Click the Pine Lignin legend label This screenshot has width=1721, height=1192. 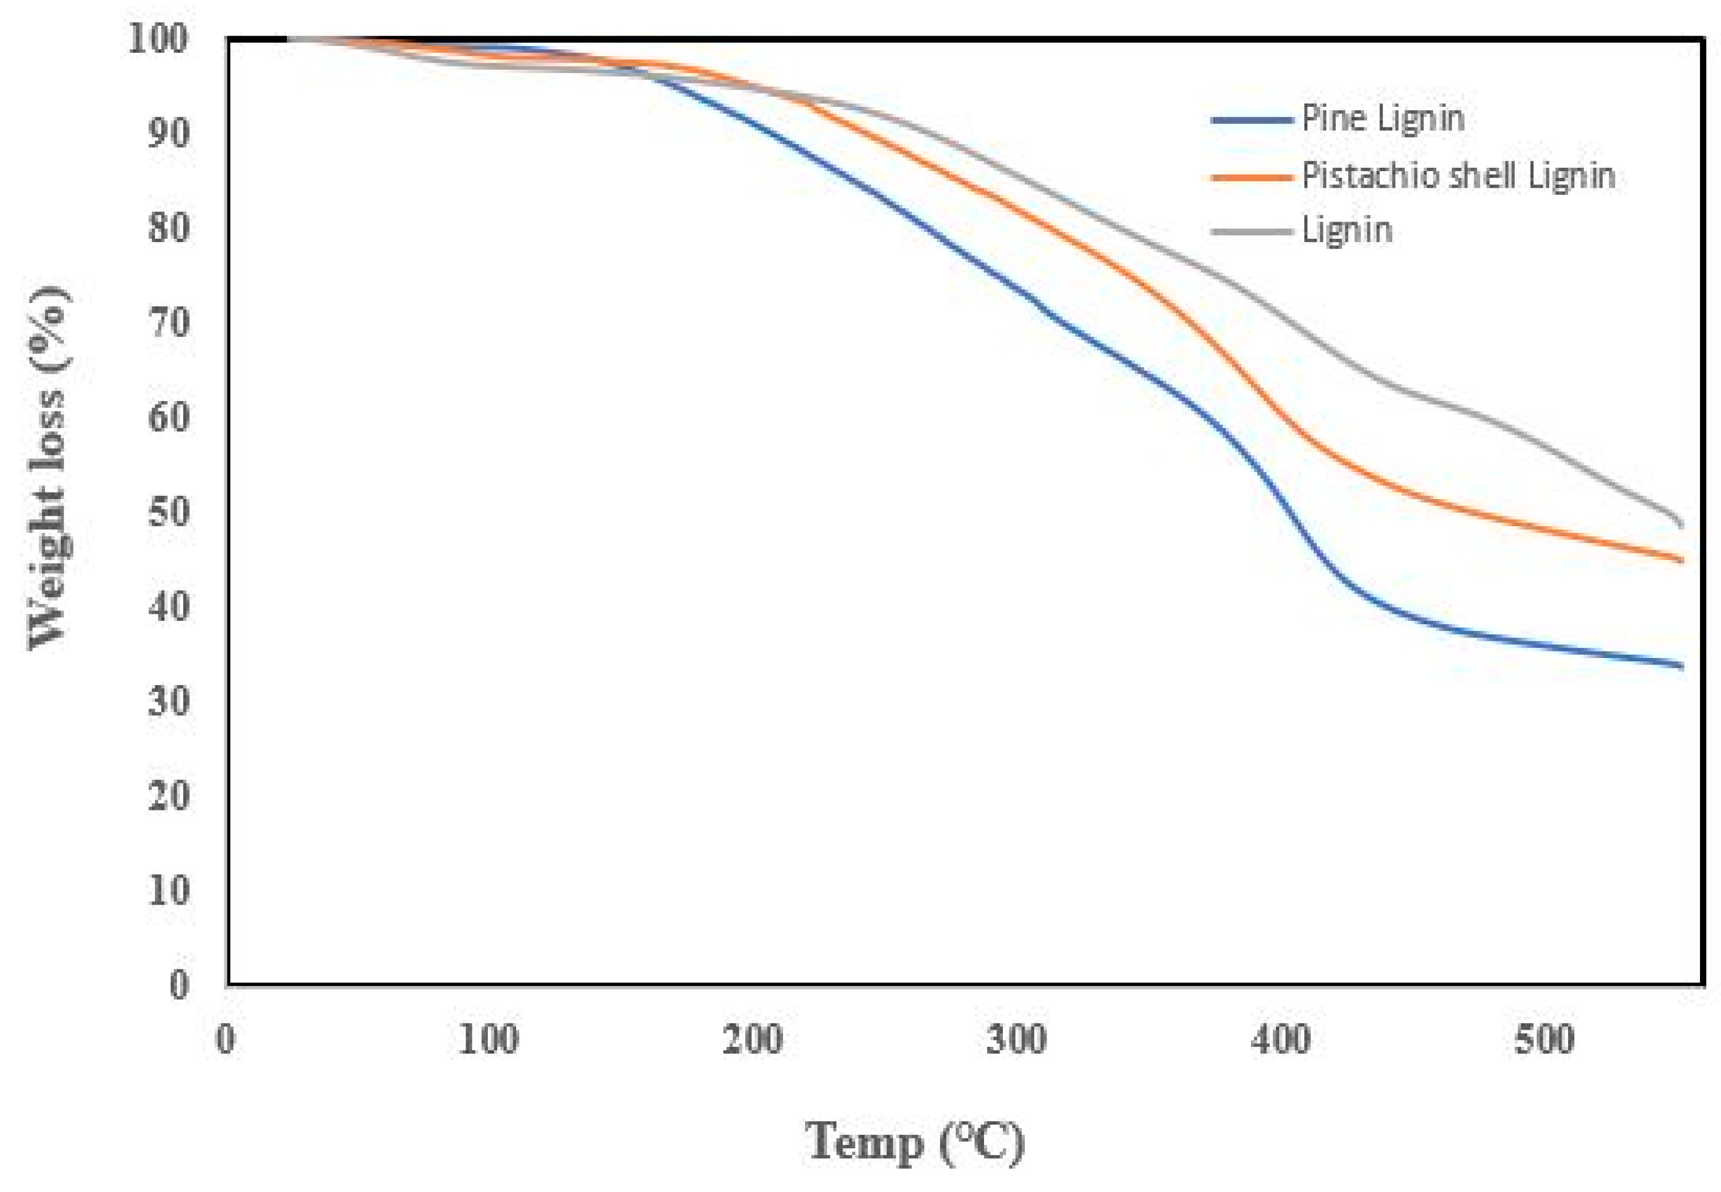(x=1382, y=119)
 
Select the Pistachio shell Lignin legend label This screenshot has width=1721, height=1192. (x=1458, y=176)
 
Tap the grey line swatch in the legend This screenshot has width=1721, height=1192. (x=1251, y=231)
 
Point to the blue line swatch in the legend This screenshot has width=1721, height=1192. (x=1251, y=120)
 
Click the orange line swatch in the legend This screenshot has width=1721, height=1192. (x=1251, y=177)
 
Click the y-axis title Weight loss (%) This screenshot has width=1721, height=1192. (x=51, y=468)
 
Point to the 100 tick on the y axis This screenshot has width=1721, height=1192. (x=158, y=39)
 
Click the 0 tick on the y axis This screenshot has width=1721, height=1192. (x=179, y=986)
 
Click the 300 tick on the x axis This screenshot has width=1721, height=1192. (x=1016, y=1040)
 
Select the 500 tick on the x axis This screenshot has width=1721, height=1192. (x=1544, y=1040)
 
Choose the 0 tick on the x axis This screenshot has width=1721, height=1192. (x=225, y=1040)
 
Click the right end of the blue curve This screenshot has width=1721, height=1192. (x=1681, y=665)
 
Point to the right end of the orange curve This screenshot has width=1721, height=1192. (x=1681, y=560)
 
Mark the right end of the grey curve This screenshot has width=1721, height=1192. (x=1681, y=525)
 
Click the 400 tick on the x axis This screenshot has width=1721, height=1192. (x=1280, y=1040)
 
